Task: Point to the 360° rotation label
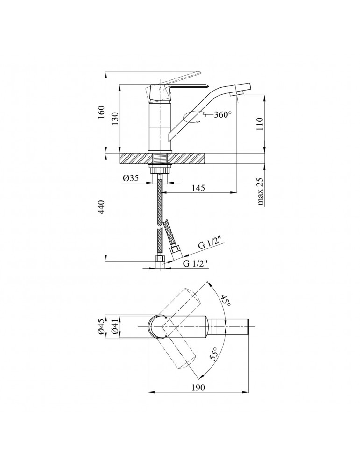click(x=223, y=114)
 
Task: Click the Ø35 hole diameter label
click(x=131, y=178)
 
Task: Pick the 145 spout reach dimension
click(x=198, y=188)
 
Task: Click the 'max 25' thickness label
click(x=260, y=191)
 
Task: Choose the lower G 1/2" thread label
click(x=195, y=263)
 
